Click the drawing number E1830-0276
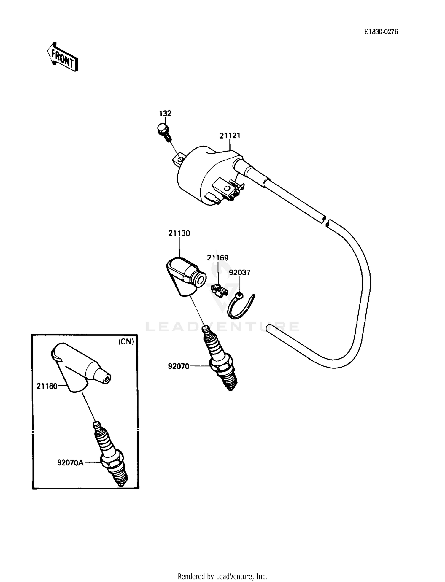(381, 32)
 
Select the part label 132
(165, 113)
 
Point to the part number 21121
(230, 136)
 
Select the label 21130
(179, 233)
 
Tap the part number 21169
(217, 258)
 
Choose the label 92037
(239, 272)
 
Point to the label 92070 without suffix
(178, 366)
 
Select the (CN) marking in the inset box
(126, 341)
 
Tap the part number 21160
(47, 386)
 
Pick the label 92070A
(71, 462)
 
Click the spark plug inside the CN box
(111, 454)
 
